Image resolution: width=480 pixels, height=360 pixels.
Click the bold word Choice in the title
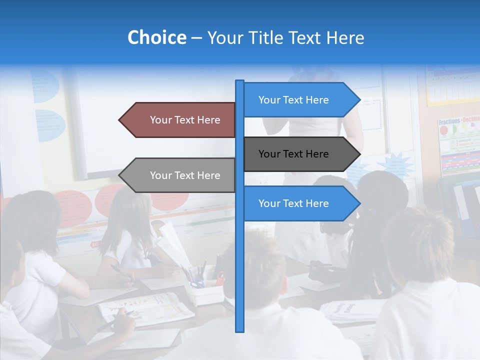tap(156, 37)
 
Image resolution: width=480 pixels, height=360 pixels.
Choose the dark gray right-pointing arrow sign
tap(300, 154)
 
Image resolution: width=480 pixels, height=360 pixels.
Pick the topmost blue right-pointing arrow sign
tap(300, 100)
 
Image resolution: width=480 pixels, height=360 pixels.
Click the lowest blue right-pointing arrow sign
tap(300, 203)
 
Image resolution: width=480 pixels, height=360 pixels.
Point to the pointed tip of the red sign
tap(120, 120)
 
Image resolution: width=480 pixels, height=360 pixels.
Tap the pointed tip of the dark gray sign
tap(359, 154)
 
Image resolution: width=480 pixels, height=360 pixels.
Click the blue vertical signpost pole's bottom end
tap(239, 329)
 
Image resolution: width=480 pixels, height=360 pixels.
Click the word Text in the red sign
tap(186, 120)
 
